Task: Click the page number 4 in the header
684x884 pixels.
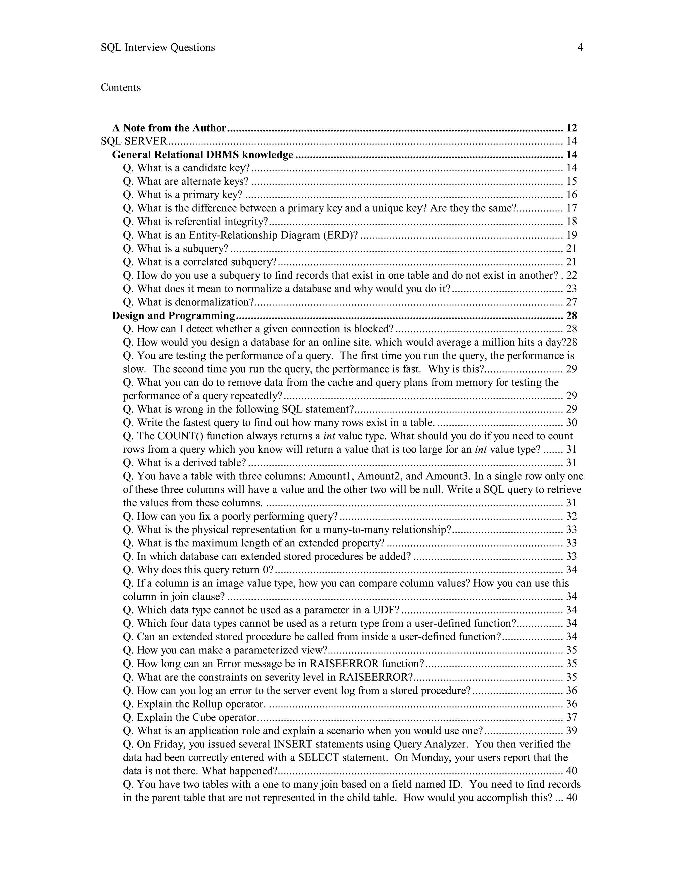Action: [580, 48]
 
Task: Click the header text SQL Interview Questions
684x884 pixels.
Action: [158, 48]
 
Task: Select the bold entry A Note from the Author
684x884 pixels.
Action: [169, 128]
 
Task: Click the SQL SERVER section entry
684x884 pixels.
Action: [134, 141]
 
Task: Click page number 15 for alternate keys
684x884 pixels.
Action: [571, 181]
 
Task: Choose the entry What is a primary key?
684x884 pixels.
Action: [183, 195]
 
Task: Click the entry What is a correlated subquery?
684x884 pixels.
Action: [200, 262]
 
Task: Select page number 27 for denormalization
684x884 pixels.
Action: [571, 302]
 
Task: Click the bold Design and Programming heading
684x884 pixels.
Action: [173, 316]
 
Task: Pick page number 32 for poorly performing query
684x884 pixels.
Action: [571, 516]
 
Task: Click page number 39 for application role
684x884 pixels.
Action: [571, 731]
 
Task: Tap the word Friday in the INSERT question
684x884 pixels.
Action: [169, 744]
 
